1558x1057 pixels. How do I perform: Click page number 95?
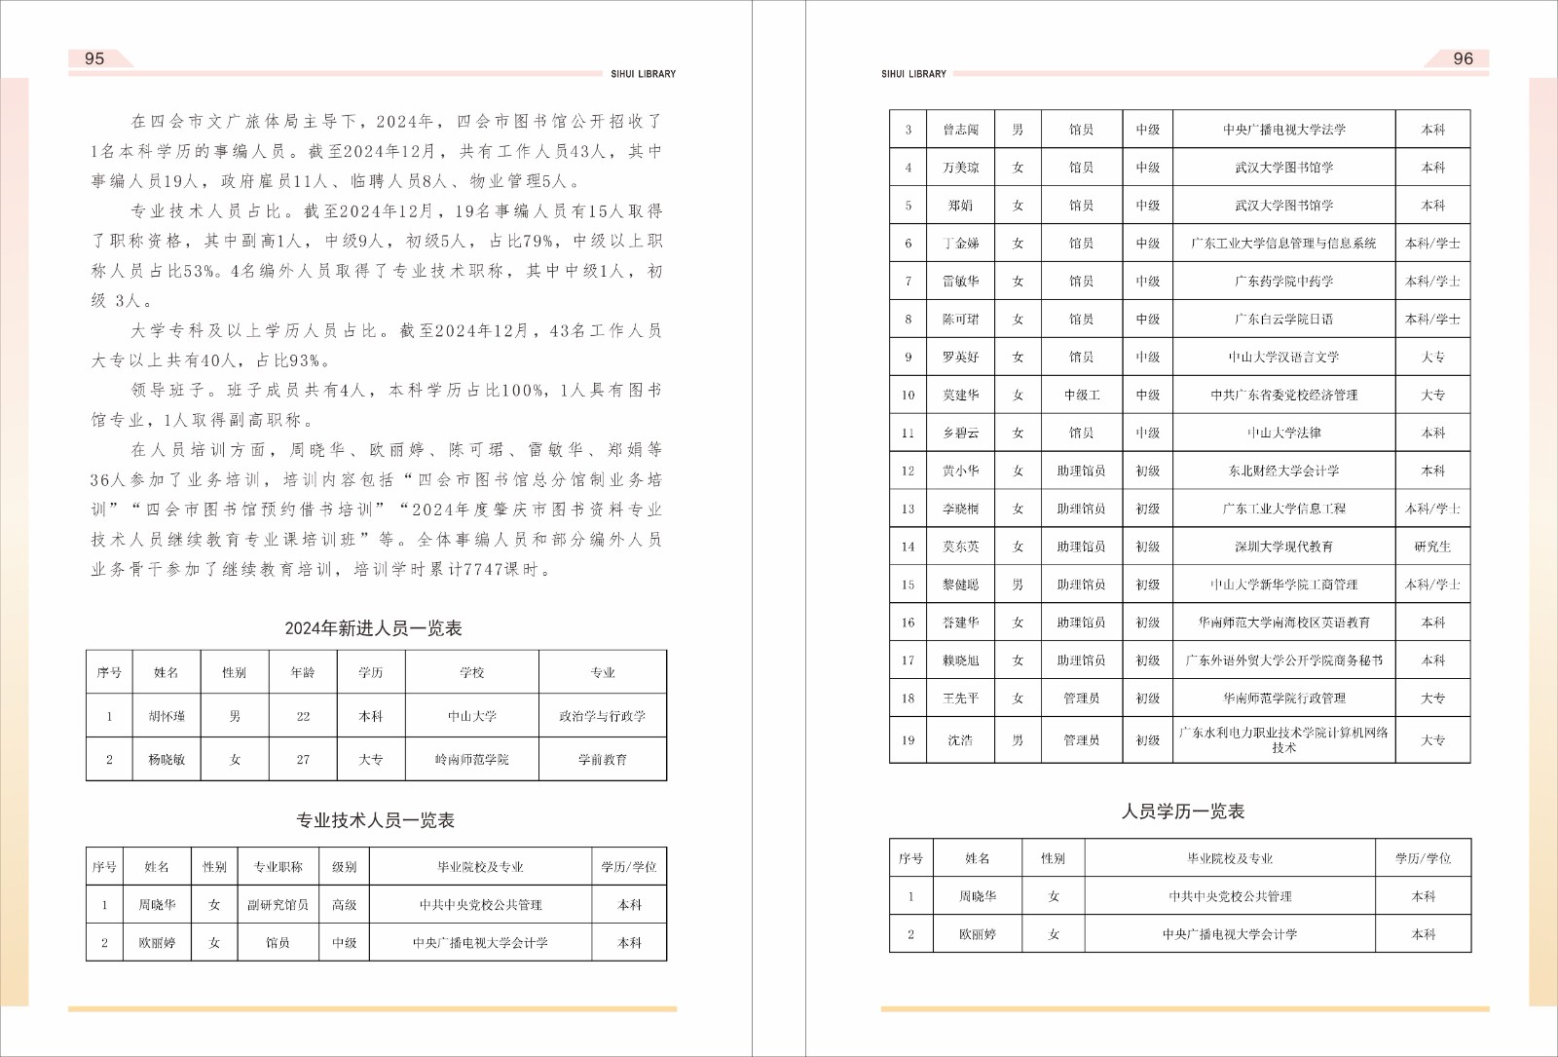[94, 58]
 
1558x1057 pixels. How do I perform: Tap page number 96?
[1463, 58]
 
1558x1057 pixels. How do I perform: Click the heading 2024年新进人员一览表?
[373, 628]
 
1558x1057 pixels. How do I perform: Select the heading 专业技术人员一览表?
[375, 820]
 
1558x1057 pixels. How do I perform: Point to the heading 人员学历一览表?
[1182, 811]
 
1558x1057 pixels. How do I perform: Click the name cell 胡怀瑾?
[167, 716]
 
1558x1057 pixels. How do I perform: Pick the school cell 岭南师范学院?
[471, 759]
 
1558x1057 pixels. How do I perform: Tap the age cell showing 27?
[303, 759]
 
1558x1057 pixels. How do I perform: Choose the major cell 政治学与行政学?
[602, 716]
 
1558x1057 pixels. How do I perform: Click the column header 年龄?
[303, 672]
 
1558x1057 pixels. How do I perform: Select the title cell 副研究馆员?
[278, 904]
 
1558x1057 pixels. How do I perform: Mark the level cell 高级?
[344, 904]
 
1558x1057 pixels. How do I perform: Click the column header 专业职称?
[278, 866]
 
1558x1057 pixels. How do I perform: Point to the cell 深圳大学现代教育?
[1283, 547]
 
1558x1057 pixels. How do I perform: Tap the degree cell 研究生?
[1432, 547]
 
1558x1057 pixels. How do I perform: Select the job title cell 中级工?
[1081, 395]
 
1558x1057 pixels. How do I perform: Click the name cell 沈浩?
[960, 739]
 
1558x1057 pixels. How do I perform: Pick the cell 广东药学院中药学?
[1283, 281]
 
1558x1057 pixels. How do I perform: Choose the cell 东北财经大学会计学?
[1283, 471]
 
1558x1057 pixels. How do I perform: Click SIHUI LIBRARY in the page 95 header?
[643, 74]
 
